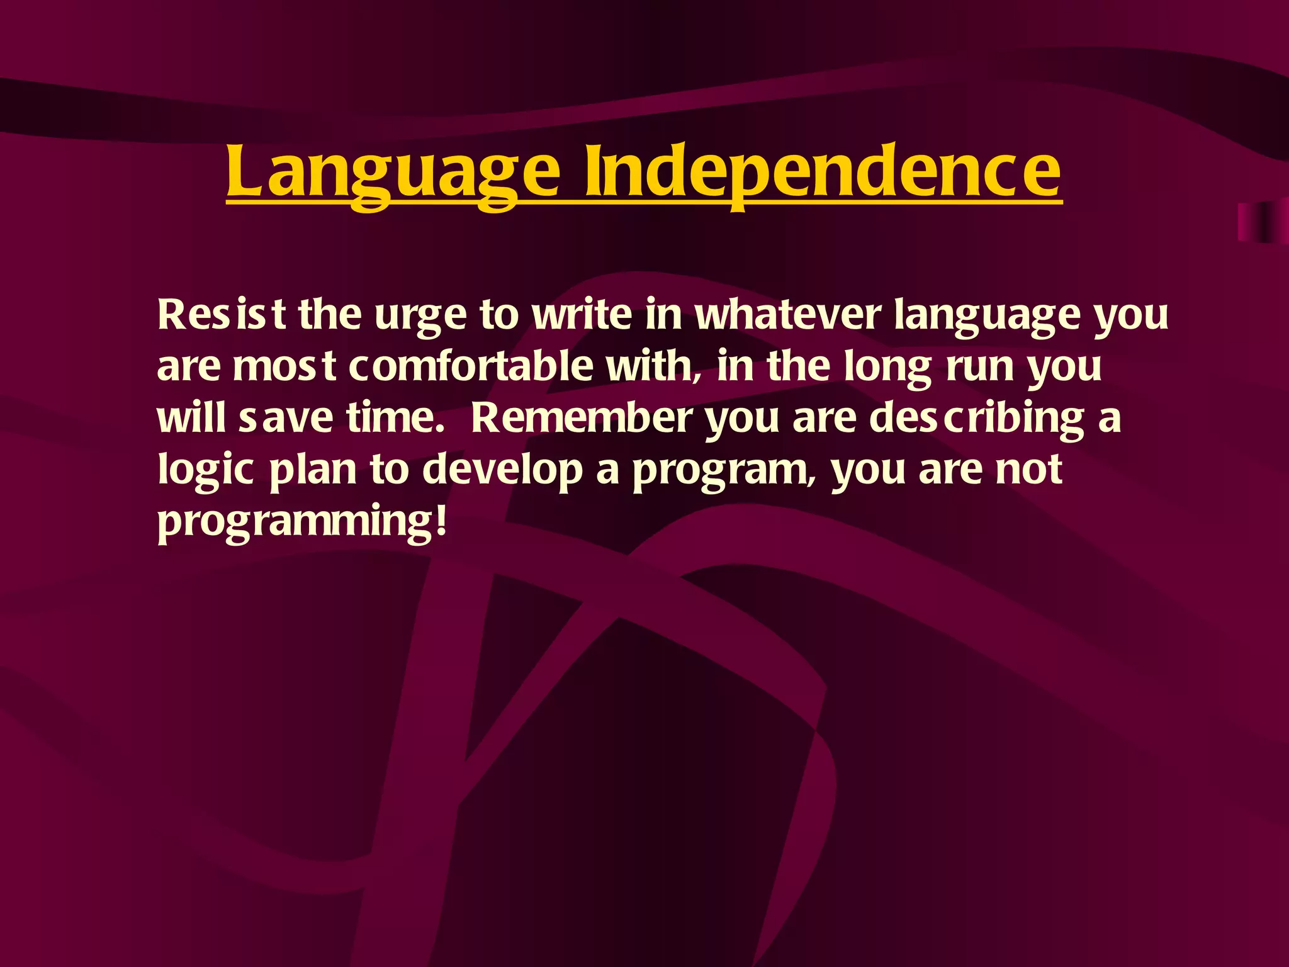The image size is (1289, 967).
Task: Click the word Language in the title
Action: [392, 171]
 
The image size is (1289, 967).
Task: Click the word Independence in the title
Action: [823, 171]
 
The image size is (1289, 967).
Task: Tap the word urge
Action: [420, 315]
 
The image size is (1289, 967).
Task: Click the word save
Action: [285, 418]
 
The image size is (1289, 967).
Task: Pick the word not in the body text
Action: [1028, 470]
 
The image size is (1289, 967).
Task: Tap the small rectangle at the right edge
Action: [1262, 222]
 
